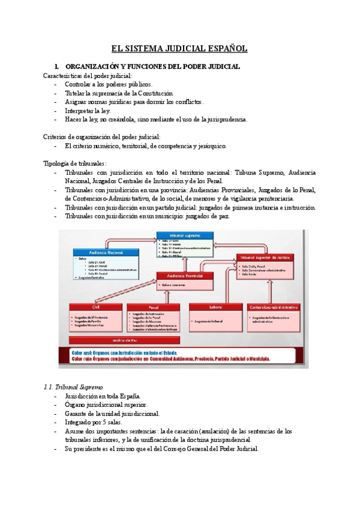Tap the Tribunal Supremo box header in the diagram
pyautogui.click(x=184, y=235)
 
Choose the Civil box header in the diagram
pyautogui.click(x=95, y=306)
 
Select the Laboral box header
pyautogui.click(x=215, y=307)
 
